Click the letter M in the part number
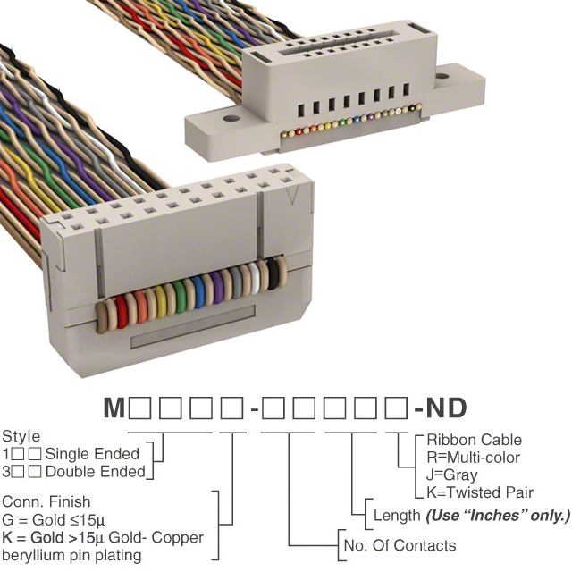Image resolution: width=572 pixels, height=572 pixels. click(114, 408)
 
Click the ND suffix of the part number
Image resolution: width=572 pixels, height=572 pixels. click(445, 408)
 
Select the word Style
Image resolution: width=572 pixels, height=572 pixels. click(21, 437)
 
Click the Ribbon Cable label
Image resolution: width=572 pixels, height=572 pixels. click(474, 441)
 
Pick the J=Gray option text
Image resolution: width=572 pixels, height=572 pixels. click(452, 475)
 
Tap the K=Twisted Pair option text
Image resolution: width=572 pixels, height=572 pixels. click(480, 492)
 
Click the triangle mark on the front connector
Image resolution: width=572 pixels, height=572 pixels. click(291, 193)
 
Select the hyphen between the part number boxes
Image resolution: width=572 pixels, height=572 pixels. click(255, 409)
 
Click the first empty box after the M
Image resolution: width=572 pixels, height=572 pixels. click(139, 408)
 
